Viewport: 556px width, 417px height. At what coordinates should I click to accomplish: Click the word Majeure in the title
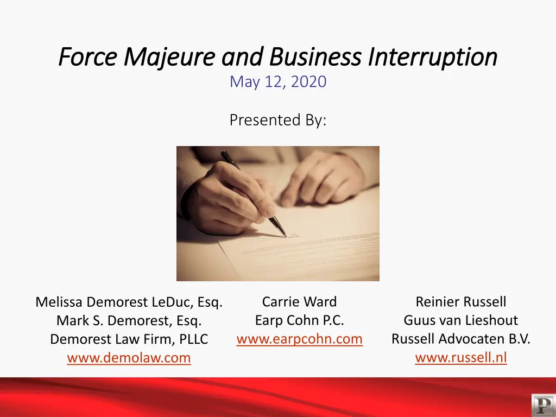coord(169,58)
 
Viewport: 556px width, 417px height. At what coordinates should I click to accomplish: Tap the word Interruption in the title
coord(433,58)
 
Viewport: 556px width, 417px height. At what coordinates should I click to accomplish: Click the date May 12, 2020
coord(278,81)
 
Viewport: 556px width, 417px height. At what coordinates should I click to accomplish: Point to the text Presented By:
coord(278,120)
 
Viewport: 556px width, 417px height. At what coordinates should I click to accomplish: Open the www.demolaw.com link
coord(129,357)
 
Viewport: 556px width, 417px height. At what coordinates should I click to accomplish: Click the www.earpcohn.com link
coord(300,339)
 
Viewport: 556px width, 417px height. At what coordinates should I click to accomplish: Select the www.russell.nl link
coord(461,357)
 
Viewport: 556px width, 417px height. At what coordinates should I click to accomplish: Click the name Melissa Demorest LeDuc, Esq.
coord(129,302)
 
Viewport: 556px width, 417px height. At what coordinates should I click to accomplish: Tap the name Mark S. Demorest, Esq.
coord(129,320)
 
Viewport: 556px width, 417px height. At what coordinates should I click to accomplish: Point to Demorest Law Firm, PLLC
coord(129,339)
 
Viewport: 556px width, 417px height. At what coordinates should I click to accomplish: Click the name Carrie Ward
coord(300,302)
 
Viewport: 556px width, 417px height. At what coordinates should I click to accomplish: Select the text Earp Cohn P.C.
coord(300,320)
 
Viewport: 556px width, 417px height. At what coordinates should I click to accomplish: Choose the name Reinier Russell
coord(461,302)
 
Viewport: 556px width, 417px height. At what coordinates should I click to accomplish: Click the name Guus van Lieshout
coord(461,320)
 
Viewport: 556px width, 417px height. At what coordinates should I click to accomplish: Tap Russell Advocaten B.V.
coord(461,339)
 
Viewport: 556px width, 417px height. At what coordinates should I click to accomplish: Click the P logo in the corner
coord(544,405)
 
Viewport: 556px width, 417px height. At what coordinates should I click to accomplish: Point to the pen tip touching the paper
coord(285,236)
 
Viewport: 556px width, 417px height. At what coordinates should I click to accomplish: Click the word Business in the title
coord(315,56)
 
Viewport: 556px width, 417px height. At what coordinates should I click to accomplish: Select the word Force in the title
coord(88,56)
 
